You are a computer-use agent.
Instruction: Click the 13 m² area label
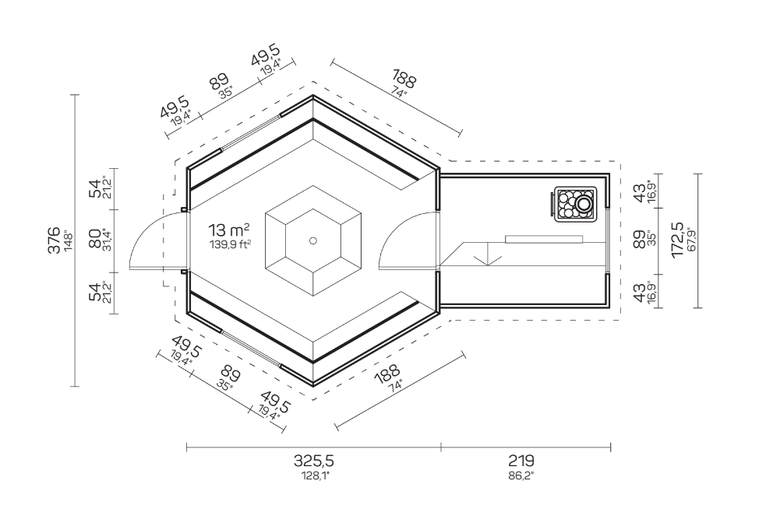click(229, 230)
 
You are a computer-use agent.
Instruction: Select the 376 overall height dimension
click(54, 240)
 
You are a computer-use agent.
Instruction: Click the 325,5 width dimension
click(314, 461)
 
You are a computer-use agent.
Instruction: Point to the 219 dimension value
click(521, 461)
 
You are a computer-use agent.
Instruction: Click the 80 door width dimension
click(95, 239)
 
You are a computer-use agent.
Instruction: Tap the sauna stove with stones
click(574, 205)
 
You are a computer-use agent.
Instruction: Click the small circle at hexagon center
click(313, 240)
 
